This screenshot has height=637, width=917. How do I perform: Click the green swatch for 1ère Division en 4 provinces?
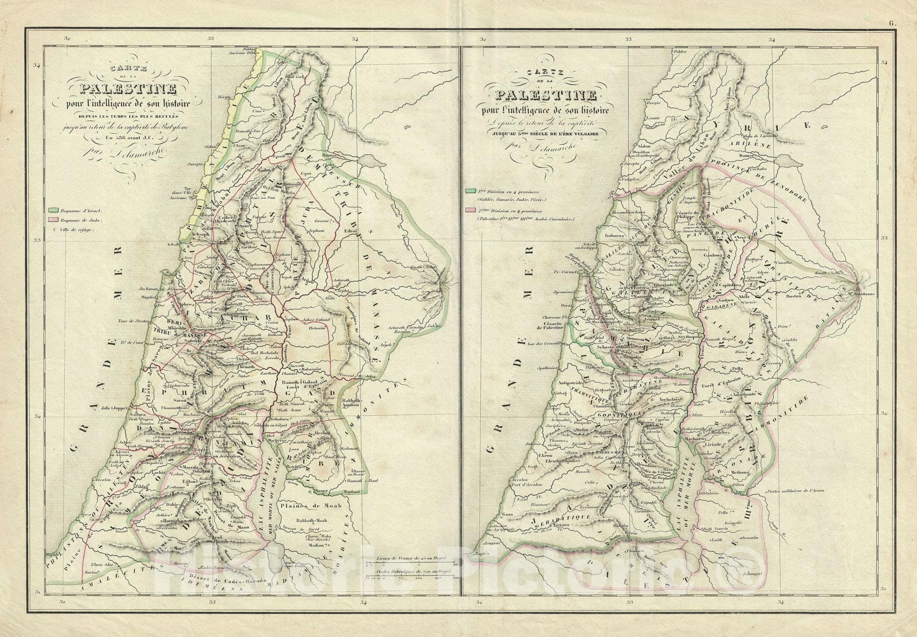tap(471, 190)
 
